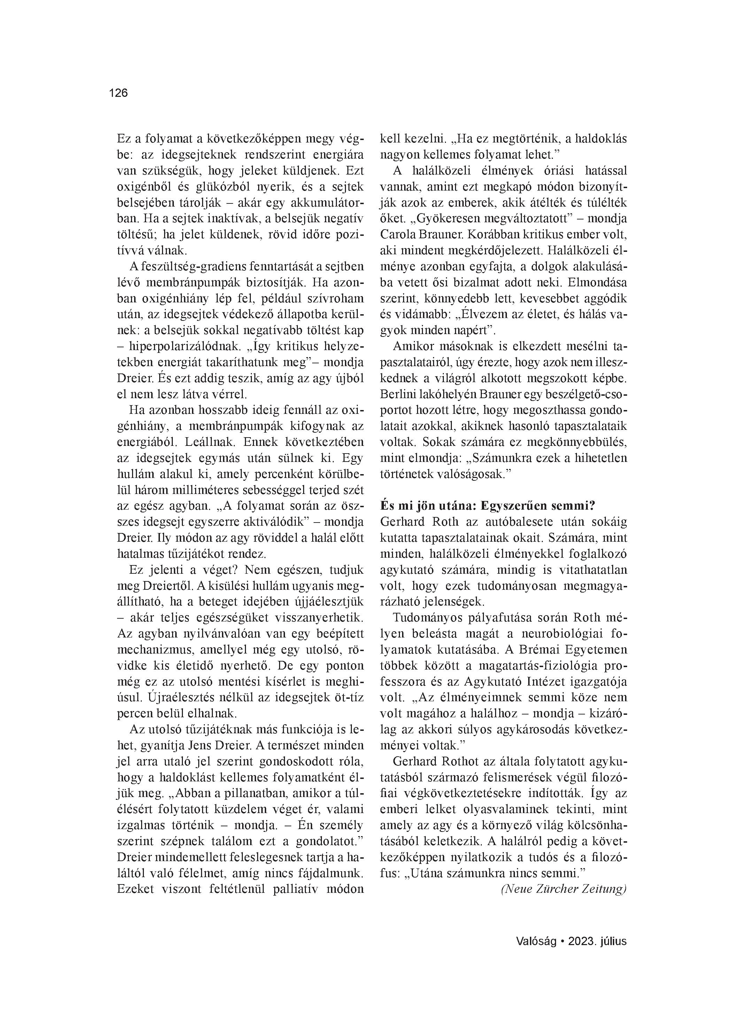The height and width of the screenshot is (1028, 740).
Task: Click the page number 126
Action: click(x=119, y=93)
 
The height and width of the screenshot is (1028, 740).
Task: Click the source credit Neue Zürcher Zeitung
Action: click(x=564, y=889)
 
